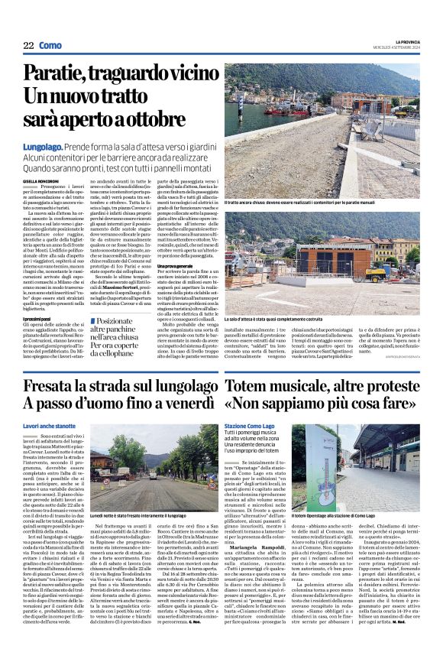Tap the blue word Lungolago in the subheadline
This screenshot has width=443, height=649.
pos(63,144)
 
